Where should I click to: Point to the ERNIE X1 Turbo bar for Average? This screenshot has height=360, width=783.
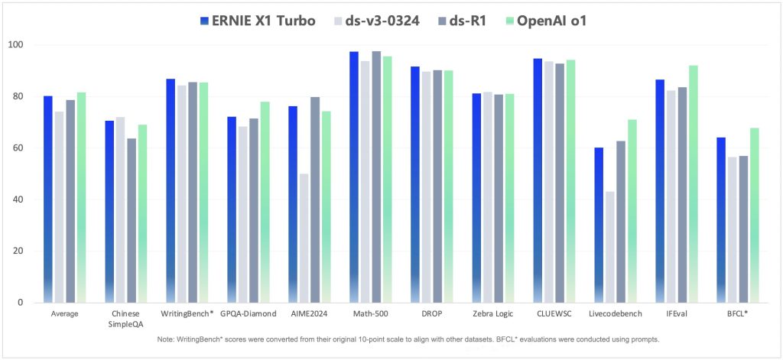click(x=47, y=199)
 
